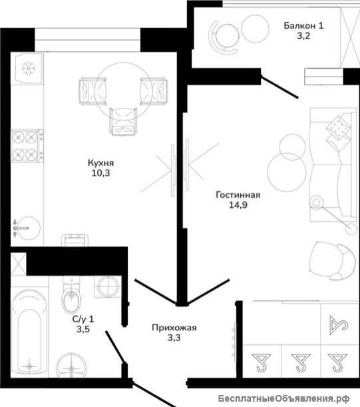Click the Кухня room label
click(100, 163)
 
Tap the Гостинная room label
click(238, 195)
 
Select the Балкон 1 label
click(303, 26)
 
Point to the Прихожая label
click(174, 328)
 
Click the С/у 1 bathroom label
click(83, 319)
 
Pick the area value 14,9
click(238, 205)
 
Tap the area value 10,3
click(100, 173)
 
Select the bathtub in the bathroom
click(29, 332)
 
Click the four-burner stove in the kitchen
click(27, 146)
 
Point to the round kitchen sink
click(27, 228)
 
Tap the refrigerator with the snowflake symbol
click(27, 69)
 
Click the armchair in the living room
click(333, 261)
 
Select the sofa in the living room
click(333, 165)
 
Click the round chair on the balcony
click(224, 37)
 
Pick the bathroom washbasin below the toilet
click(71, 365)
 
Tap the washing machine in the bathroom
click(107, 286)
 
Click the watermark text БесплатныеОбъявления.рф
click(283, 398)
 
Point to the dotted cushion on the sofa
click(337, 127)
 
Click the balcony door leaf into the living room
click(279, 87)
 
